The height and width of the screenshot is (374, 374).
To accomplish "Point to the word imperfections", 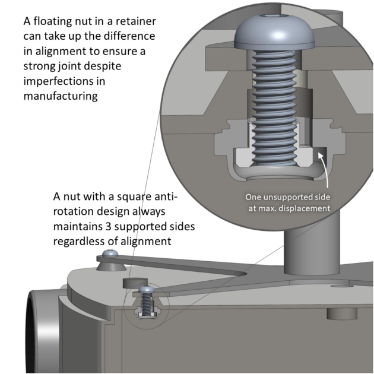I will (x=57, y=81).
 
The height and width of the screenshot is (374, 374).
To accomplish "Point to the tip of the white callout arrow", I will (x=320, y=154).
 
